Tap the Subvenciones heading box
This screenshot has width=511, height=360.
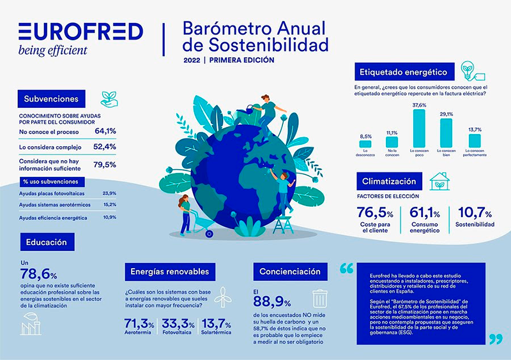(x=51, y=99)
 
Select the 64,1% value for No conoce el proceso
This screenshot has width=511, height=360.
(x=105, y=131)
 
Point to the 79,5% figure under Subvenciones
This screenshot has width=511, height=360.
(x=105, y=165)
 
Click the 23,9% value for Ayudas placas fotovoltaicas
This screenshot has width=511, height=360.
(x=109, y=193)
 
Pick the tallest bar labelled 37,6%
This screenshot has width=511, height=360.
(x=419, y=131)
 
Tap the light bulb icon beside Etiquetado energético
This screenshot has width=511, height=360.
(x=467, y=71)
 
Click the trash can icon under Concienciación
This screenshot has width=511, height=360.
(x=319, y=301)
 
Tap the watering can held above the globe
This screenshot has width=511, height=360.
(x=244, y=109)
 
